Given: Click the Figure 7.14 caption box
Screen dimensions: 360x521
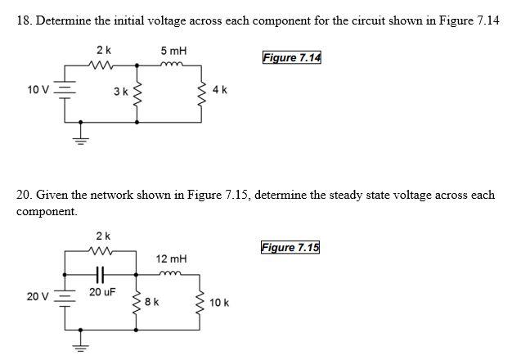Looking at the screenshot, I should [292, 57].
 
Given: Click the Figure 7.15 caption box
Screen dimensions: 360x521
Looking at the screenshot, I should [290, 248].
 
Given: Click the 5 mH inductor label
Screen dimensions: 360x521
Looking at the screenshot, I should [174, 51].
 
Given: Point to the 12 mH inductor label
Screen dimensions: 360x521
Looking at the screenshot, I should [171, 259].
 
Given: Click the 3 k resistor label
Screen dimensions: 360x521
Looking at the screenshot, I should [120, 91].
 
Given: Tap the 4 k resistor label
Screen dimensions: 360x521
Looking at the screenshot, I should [219, 90].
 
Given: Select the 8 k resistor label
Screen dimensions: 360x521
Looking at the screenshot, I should [150, 301].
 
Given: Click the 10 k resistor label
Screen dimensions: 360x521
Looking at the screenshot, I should [219, 302].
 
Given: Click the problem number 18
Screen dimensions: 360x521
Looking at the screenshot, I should [24, 20].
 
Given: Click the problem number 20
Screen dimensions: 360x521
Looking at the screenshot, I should [24, 196].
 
